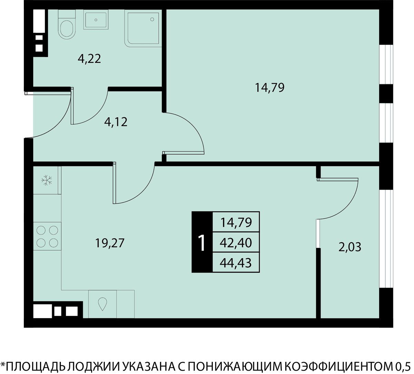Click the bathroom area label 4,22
coord(89,59)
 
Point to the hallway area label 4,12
coord(116,122)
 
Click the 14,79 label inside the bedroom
coord(270,87)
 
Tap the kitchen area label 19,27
coord(110,243)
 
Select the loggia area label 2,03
coord(350,247)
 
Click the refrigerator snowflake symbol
coord(47,180)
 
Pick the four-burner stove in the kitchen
coord(47,236)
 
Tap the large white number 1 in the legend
coord(201,243)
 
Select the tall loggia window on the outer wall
coord(386,239)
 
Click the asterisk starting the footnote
coord(3,364)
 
